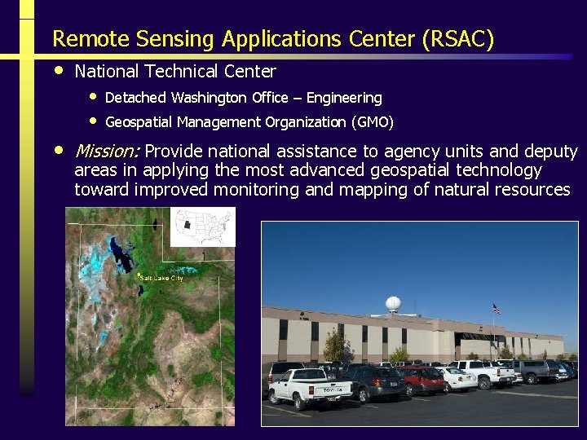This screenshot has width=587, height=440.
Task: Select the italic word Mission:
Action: (x=107, y=152)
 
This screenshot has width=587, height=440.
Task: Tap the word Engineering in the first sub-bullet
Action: (x=344, y=98)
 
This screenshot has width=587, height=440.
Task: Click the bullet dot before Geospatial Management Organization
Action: (x=94, y=121)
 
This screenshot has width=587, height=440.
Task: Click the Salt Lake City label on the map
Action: (x=161, y=278)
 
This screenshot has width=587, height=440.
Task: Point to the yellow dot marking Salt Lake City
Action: (x=139, y=275)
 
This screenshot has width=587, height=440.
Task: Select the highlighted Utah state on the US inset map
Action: (x=188, y=225)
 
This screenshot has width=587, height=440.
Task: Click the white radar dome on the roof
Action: (x=393, y=305)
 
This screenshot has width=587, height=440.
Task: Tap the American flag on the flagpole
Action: (x=496, y=310)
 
